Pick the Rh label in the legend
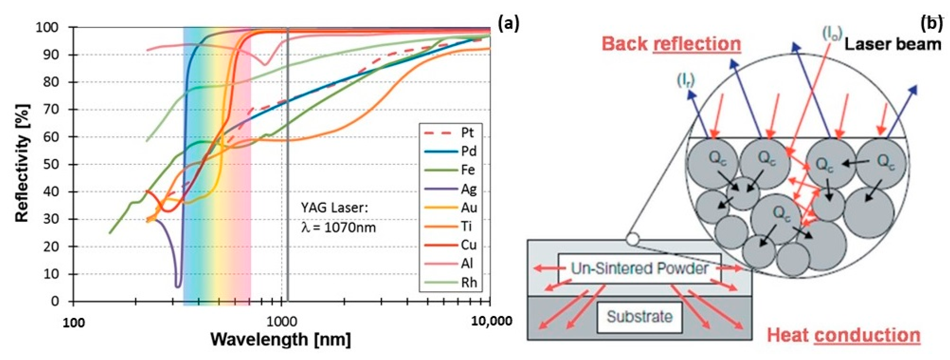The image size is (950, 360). click(x=469, y=282)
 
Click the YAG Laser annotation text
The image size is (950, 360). click(x=334, y=208)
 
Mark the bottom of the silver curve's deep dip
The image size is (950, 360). click(x=178, y=286)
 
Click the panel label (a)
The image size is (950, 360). click(x=508, y=24)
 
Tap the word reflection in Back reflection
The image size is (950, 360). click(x=697, y=44)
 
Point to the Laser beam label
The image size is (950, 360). click(x=892, y=44)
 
